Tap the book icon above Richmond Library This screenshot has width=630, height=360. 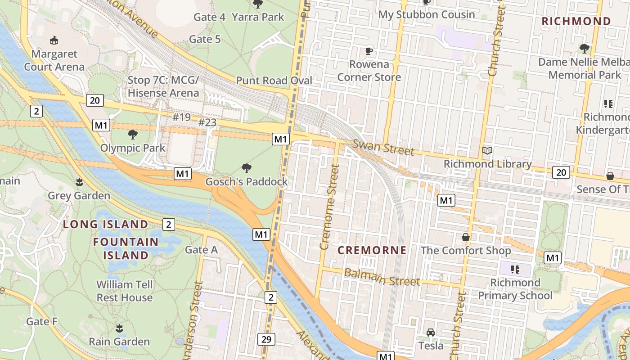(487, 150)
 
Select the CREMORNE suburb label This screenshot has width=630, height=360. (372, 250)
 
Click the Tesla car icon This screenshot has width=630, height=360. (431, 333)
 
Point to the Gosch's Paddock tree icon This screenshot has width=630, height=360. (247, 168)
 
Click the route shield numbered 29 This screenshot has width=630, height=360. (266, 339)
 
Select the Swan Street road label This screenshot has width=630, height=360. (383, 147)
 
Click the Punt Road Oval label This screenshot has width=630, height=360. (274, 81)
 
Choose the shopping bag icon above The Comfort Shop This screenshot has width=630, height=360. (466, 237)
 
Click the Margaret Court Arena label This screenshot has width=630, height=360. (54, 60)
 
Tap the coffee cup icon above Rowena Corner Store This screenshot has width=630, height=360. (369, 50)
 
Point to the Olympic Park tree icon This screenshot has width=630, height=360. (133, 134)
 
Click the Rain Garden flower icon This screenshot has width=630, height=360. (119, 328)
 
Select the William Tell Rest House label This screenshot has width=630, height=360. (124, 291)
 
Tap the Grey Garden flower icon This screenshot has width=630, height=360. (79, 182)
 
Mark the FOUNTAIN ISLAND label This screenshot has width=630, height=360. (126, 248)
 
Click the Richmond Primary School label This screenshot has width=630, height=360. (515, 289)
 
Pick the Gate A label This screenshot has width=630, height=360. (201, 250)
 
